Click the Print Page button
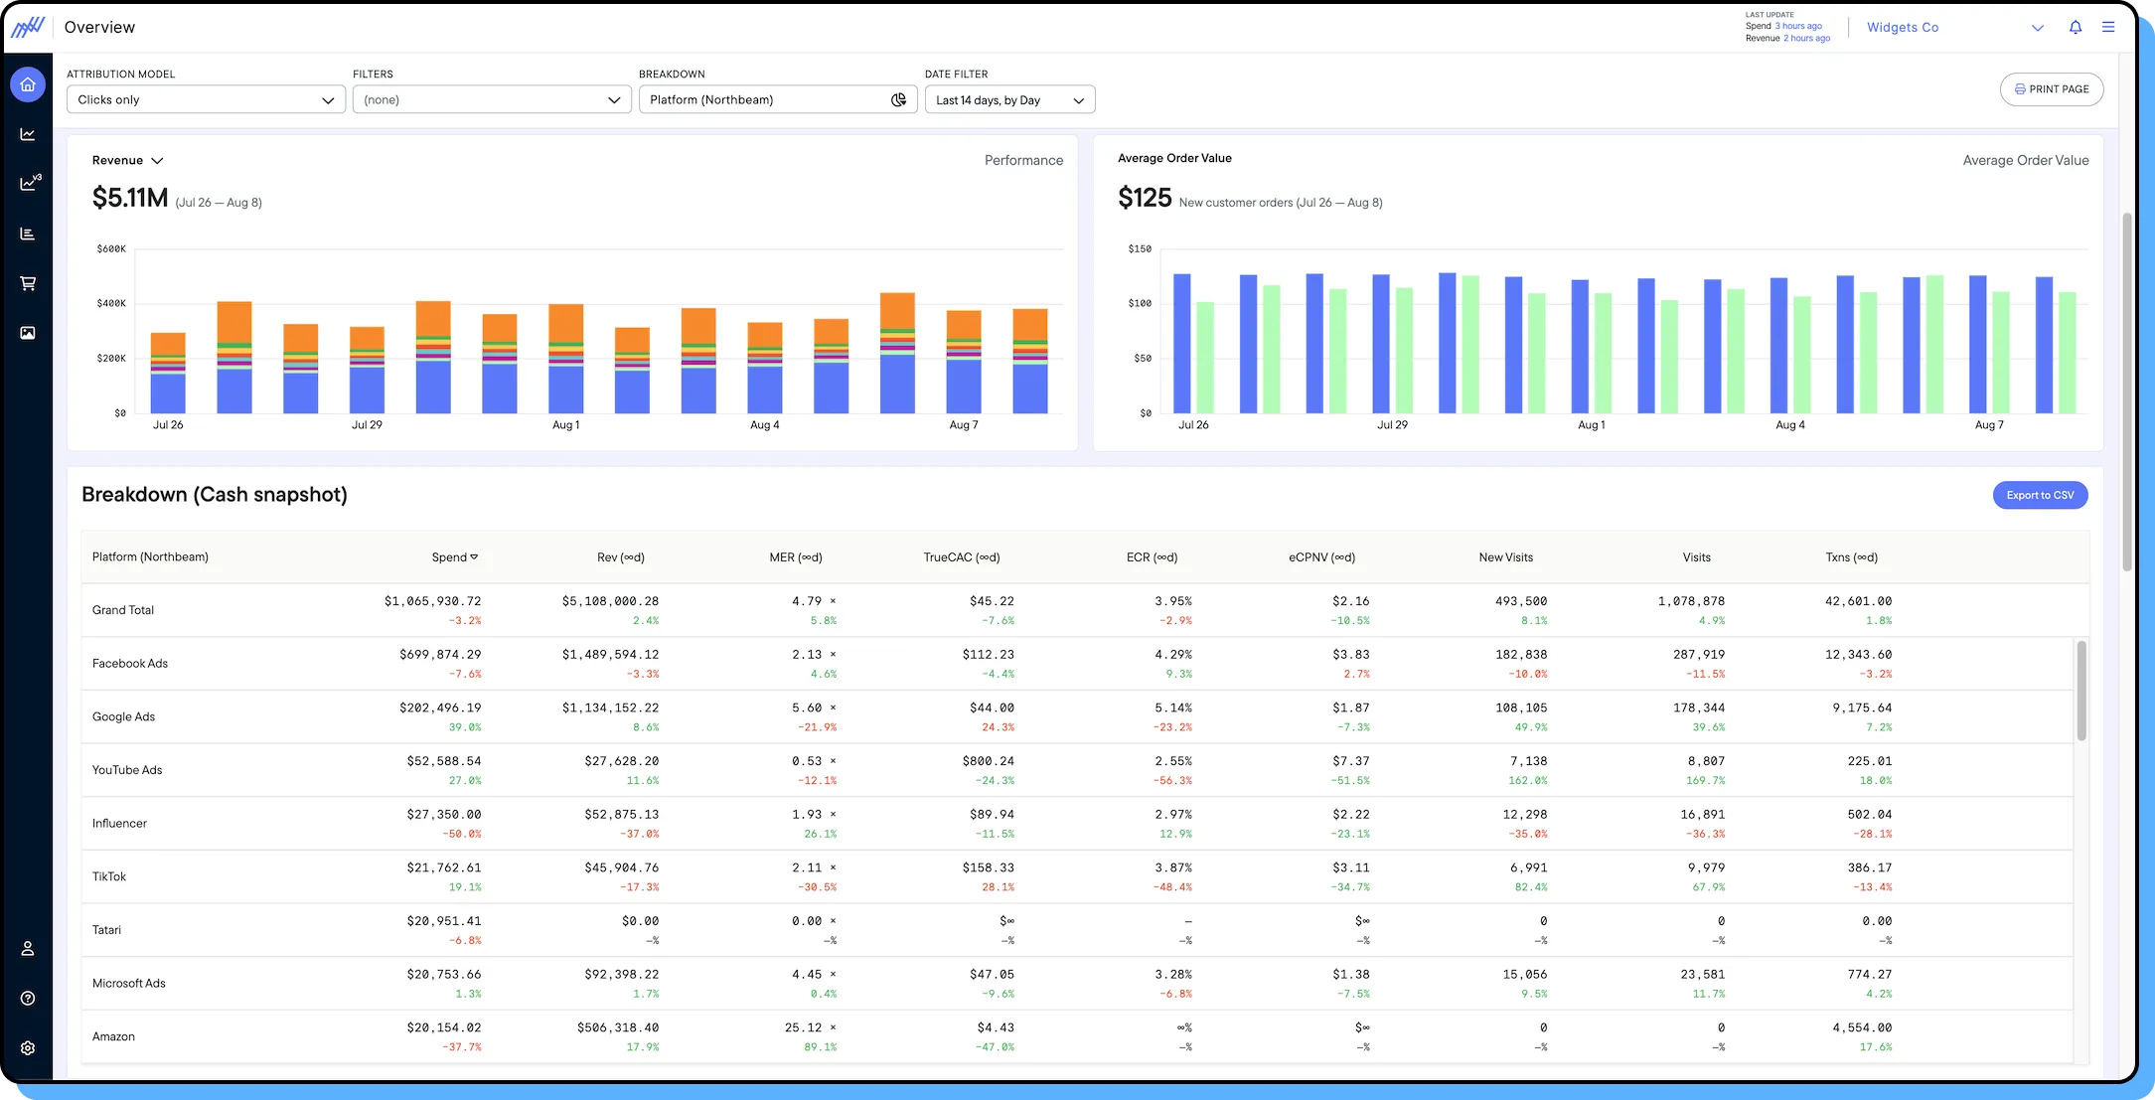(x=2051, y=89)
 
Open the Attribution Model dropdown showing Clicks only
(x=206, y=99)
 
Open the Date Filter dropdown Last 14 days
(x=1009, y=100)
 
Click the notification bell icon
(x=2076, y=28)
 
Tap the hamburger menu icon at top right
(x=2108, y=28)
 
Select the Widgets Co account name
(x=1902, y=28)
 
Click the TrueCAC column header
(x=961, y=557)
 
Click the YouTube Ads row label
(x=127, y=770)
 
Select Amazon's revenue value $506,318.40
(x=617, y=1027)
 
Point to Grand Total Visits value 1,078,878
(x=1691, y=601)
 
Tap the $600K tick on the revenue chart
(x=111, y=249)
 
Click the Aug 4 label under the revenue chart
(x=764, y=425)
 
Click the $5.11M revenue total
(x=130, y=198)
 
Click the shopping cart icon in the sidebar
(x=28, y=283)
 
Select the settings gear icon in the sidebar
(x=28, y=1048)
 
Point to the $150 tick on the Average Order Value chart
(x=1139, y=249)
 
